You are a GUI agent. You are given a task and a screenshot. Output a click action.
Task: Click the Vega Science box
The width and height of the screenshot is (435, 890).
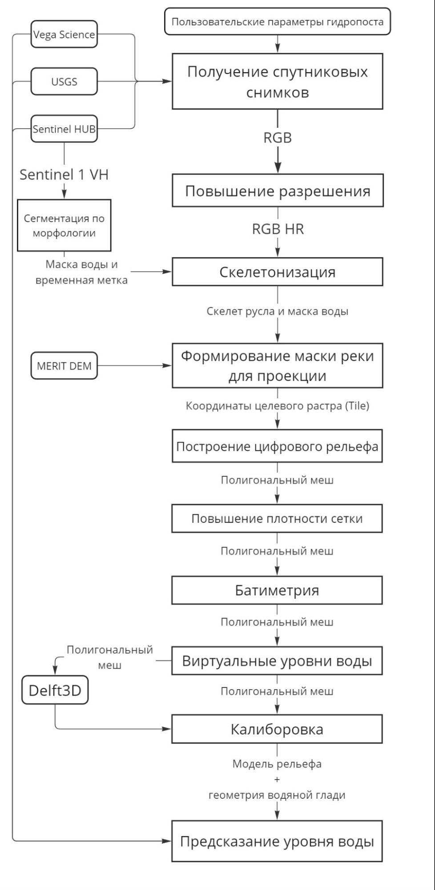point(64,34)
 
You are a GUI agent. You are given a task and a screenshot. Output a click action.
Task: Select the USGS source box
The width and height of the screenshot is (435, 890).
point(64,81)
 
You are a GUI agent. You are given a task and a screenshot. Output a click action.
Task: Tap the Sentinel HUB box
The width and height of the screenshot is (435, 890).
point(64,129)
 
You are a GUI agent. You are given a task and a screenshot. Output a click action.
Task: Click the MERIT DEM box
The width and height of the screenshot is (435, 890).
point(64,366)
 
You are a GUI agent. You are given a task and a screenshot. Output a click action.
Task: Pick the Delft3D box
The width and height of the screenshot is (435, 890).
point(55,691)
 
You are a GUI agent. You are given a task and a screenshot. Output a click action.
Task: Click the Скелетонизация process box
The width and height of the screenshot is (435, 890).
point(277,272)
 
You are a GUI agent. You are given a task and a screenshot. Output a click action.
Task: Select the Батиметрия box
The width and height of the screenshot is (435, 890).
point(277,590)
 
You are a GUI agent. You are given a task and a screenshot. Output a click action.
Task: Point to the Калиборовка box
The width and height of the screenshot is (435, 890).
point(277,729)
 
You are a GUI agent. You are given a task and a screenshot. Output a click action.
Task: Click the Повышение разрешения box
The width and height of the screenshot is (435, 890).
point(278,191)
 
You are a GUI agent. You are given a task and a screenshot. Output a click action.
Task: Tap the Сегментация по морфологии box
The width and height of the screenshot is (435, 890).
point(64,226)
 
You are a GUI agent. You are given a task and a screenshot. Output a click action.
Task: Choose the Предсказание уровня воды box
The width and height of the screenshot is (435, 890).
point(277,841)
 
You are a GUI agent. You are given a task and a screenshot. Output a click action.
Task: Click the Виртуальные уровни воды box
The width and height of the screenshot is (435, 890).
point(277,661)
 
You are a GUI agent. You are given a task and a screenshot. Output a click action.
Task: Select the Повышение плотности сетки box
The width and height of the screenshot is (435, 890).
point(277,519)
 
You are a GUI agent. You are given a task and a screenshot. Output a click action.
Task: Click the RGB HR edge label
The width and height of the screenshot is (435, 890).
point(278,229)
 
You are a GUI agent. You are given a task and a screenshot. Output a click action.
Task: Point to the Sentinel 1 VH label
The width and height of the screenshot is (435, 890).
point(64,175)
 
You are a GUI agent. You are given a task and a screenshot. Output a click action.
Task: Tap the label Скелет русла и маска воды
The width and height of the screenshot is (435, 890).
point(277,311)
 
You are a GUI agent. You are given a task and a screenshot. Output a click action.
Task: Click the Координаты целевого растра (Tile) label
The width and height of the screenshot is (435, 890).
point(277,406)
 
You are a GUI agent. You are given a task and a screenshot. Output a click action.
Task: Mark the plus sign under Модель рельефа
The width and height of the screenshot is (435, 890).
point(277,780)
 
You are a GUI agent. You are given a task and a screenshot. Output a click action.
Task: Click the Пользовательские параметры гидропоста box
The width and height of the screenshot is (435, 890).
point(277,22)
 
